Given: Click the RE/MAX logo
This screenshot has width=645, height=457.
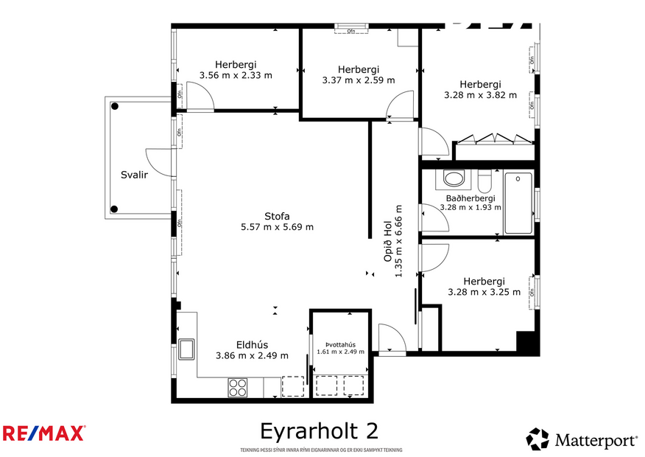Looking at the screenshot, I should pos(44,433).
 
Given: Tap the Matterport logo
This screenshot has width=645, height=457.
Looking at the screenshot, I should pos(582,440).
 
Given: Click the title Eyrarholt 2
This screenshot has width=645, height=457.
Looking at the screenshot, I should pos(320,430).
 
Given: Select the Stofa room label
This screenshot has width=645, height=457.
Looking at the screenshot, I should pos(277,216).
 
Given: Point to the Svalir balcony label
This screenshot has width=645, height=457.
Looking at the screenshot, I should pos(135,175).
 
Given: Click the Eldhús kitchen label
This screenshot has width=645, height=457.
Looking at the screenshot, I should pos(252,344).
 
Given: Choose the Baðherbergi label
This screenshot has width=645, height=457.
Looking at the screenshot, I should pos(470,198).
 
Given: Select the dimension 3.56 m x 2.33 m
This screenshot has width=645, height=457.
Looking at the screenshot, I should pos(236,75).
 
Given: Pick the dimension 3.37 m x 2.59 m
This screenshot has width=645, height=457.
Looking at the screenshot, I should pos(359,80).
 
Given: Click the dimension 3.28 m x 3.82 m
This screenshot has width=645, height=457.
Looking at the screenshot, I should pos(480,95).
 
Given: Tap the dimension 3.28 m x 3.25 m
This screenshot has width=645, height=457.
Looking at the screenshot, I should pos(484,292).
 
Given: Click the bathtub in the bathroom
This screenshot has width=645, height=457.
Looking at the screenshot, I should pos(519,203).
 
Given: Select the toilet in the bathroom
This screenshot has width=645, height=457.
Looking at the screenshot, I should pos(484,180).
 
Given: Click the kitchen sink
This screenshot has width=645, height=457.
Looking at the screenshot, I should pos(186,349).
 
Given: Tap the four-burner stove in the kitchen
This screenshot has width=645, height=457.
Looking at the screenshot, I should pos(237,386).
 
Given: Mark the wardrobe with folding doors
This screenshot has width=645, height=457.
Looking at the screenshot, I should pos(493,139).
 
